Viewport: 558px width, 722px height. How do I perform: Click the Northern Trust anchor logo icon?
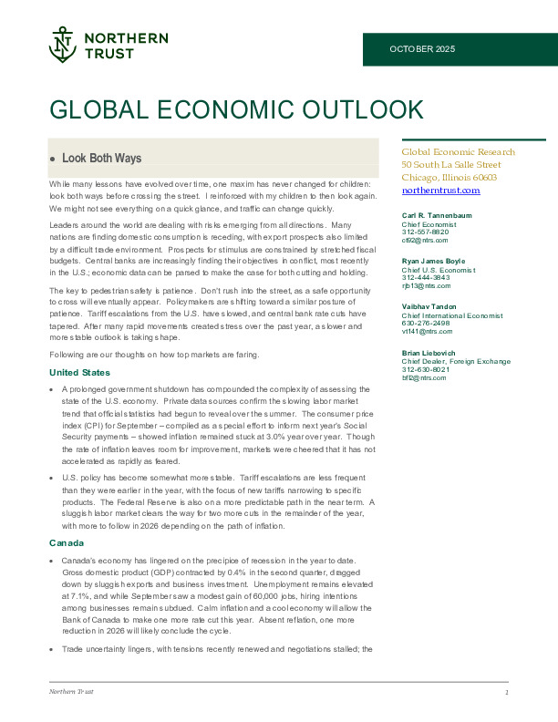pos(62,45)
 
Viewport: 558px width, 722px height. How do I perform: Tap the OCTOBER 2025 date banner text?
pos(422,48)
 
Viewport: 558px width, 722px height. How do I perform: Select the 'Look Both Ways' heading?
pos(101,158)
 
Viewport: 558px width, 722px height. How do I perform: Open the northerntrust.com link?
pos(440,191)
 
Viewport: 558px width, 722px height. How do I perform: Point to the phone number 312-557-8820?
pos(426,231)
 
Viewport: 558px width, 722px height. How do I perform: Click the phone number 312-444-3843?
pos(426,276)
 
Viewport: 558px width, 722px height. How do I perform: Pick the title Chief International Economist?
pos(452,315)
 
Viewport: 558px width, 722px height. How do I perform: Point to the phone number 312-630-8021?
pos(426,367)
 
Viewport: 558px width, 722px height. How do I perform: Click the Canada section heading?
pos(67,543)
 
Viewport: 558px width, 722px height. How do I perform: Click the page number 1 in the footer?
pos(506,694)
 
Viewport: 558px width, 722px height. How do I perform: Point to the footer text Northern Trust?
pos(71,693)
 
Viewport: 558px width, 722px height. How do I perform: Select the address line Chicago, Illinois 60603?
pos(449,178)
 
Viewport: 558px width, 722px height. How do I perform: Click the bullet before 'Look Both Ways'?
pos(53,159)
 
